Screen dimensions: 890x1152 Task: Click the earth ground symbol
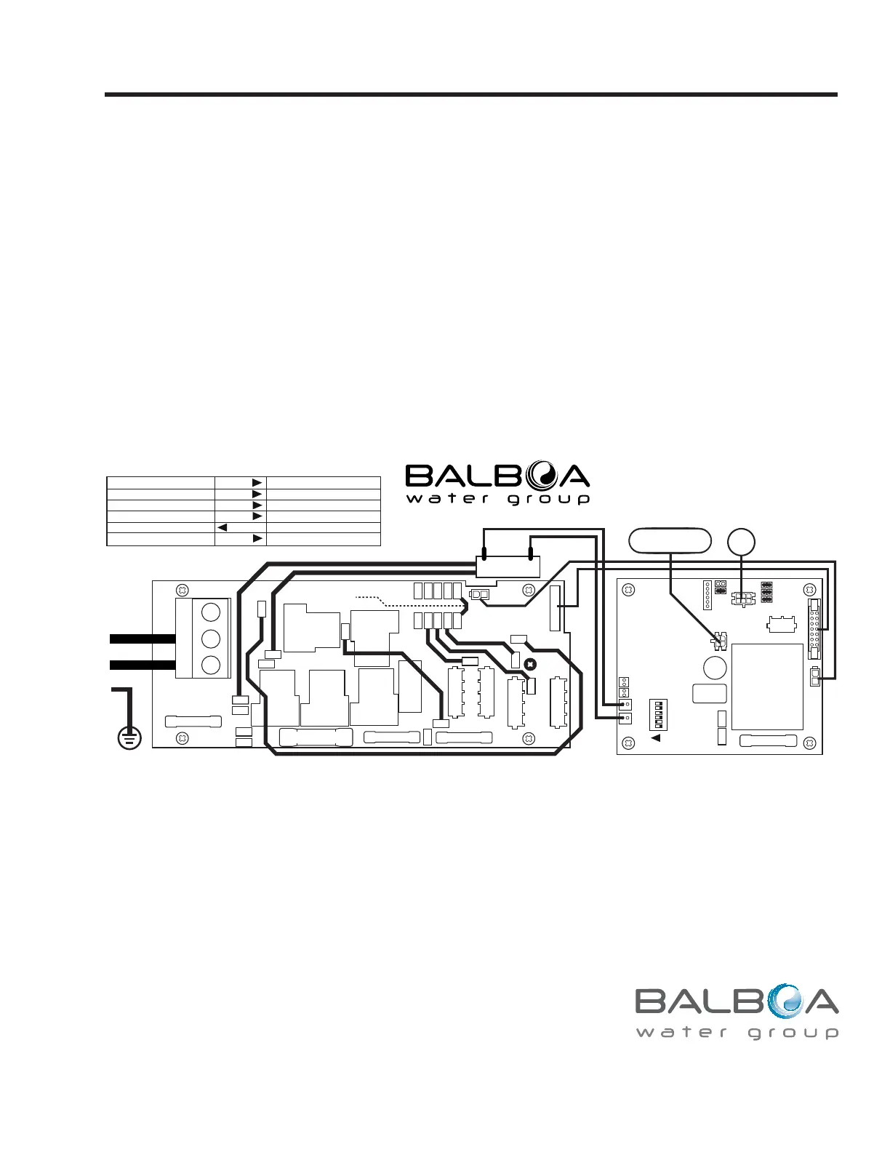129,737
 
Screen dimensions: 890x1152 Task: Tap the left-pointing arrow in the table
222,527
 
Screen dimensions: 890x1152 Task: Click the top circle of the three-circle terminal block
211,612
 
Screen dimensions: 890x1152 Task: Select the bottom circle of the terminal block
211,665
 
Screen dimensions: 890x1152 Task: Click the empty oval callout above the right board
670,541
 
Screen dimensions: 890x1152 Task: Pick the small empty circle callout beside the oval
741,542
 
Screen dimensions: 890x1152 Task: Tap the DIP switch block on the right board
658,715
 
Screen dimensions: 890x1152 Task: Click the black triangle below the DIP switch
656,737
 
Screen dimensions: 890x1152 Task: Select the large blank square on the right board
767,687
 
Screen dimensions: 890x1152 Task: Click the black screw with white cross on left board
530,664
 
